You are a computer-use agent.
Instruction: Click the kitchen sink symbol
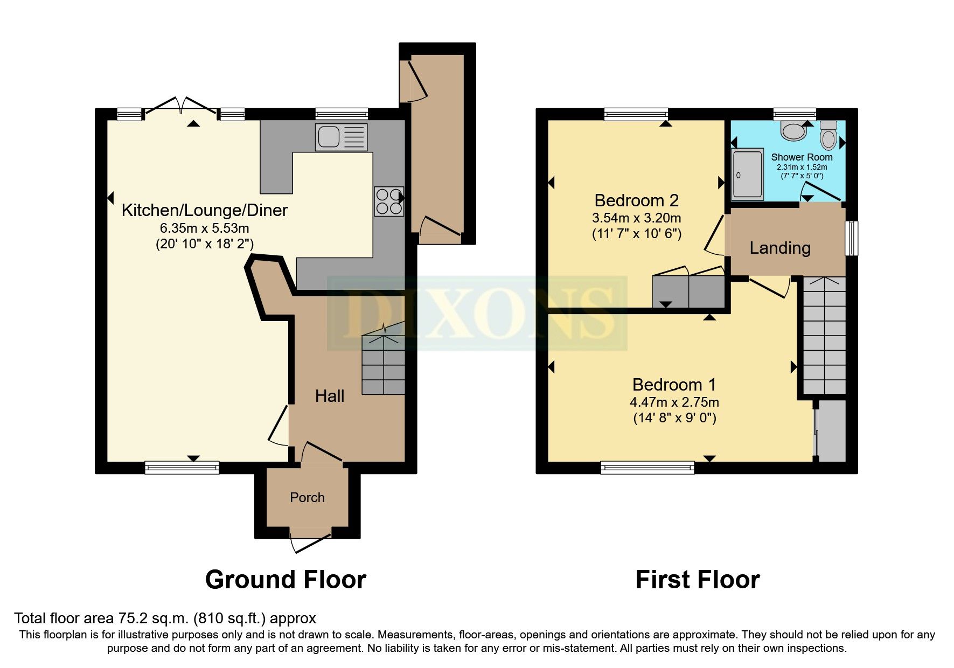pos(342,137)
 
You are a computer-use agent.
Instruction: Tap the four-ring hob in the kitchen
pos(388,201)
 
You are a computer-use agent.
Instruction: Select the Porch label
pos(307,497)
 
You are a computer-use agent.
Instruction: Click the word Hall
pos(329,396)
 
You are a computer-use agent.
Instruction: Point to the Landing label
pos(779,248)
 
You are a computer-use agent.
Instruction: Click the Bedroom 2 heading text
pos(636,200)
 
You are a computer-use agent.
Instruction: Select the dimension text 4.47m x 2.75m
pos(674,402)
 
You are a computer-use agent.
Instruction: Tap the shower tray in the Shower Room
pos(747,174)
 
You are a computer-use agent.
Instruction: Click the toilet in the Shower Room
pos(828,135)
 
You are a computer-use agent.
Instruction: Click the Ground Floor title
pos(285,580)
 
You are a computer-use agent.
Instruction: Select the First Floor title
pos(697,580)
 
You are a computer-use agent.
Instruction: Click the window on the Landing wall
pos(852,238)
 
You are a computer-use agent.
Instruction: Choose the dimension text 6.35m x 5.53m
pos(204,228)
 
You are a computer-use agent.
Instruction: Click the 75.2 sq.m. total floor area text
pos(165,618)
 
